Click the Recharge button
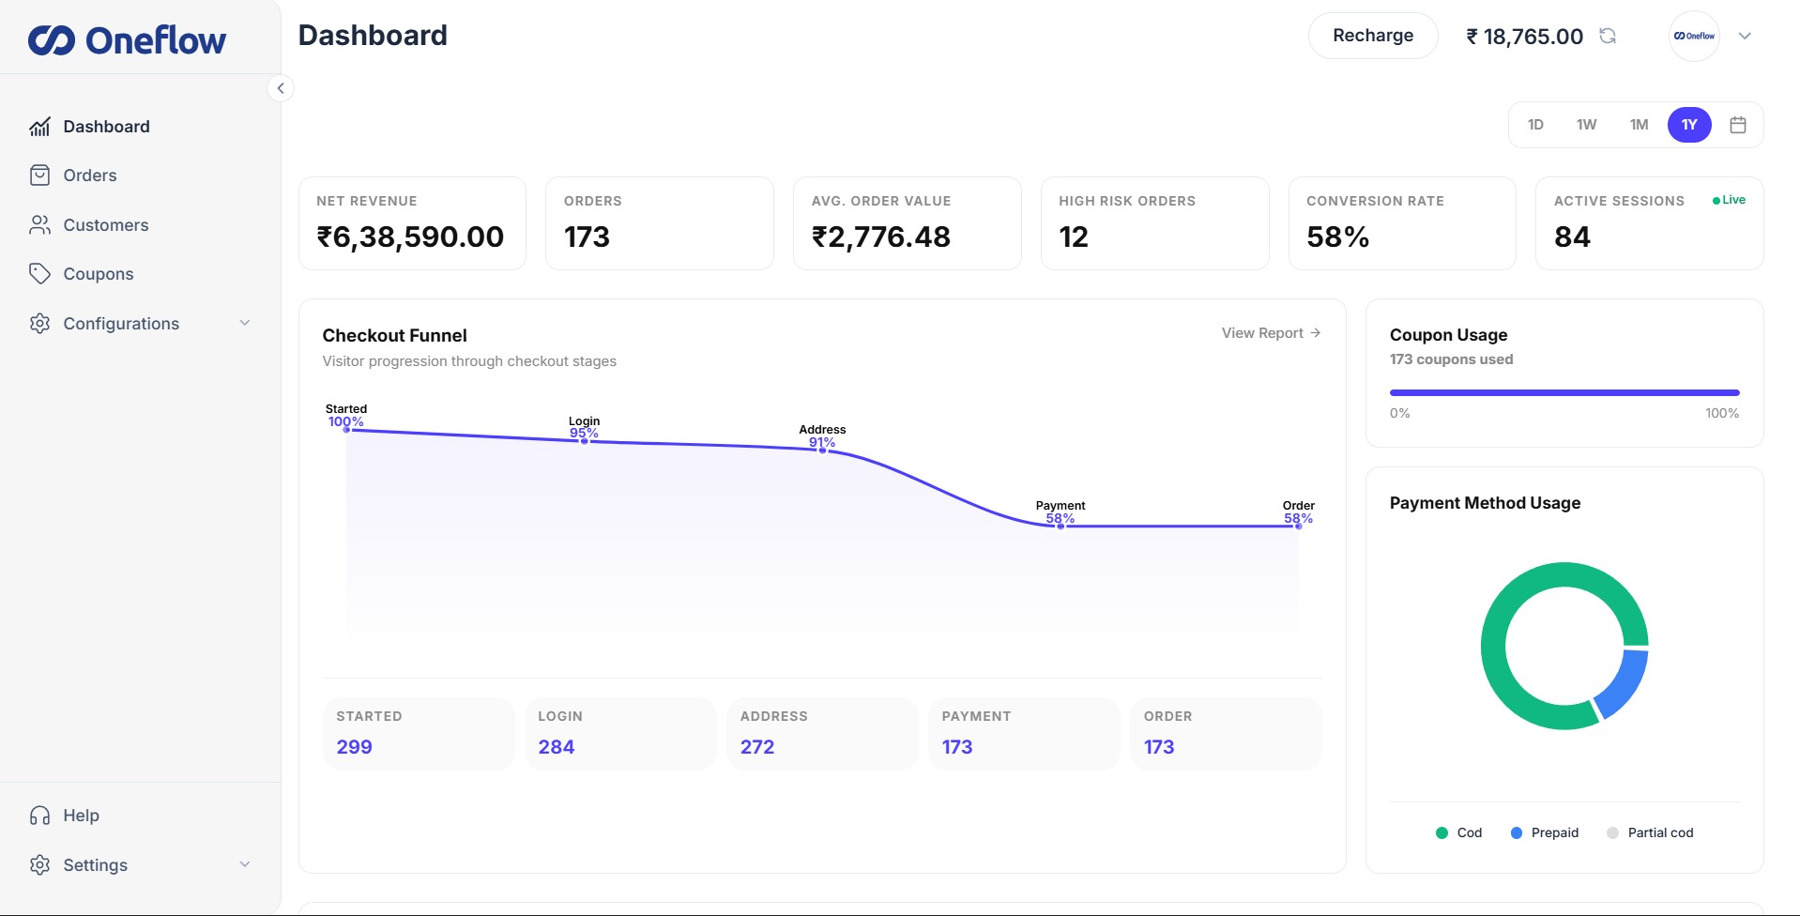pyautogui.click(x=1372, y=36)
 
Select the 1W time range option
pyautogui.click(x=1586, y=125)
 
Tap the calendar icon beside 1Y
pyautogui.click(x=1738, y=125)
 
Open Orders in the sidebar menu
pyautogui.click(x=89, y=176)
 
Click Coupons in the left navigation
pyautogui.click(x=98, y=274)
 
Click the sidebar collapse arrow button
pyautogui.click(x=280, y=88)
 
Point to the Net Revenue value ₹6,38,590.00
pyautogui.click(x=410, y=237)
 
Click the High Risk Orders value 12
pyautogui.click(x=1074, y=237)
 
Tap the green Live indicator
pyautogui.click(x=1729, y=200)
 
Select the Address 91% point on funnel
pyautogui.click(x=823, y=450)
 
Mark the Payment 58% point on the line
pyautogui.click(x=1060, y=526)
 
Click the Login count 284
pyautogui.click(x=557, y=747)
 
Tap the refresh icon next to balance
pyautogui.click(x=1608, y=36)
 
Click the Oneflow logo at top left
pyautogui.click(x=128, y=40)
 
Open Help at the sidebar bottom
pyautogui.click(x=81, y=816)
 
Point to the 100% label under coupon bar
pyautogui.click(x=1721, y=413)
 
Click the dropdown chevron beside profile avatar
pyautogui.click(x=1745, y=36)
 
